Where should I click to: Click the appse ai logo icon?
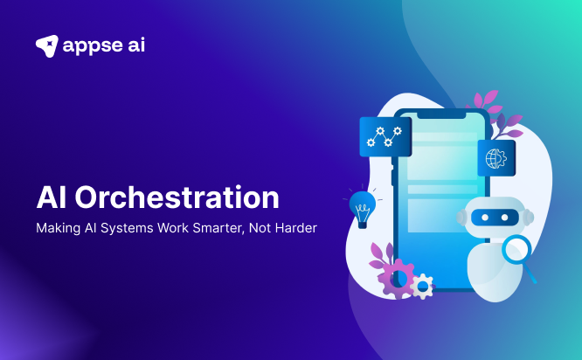(47, 45)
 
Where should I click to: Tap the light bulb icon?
(362, 207)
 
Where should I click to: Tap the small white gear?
(422, 285)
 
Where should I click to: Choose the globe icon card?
(495, 158)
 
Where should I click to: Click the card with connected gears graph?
(385, 135)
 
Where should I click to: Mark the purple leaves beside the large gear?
(381, 254)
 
